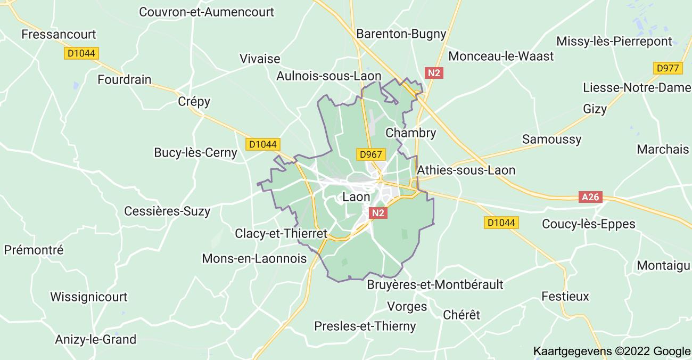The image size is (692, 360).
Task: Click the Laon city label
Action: tap(356, 197)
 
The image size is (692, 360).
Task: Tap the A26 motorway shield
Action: tap(590, 197)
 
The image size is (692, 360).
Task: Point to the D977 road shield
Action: tap(667, 68)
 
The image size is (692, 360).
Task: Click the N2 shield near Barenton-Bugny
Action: tap(434, 73)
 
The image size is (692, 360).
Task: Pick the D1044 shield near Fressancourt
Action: tap(81, 53)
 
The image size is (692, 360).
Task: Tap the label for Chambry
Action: tap(410, 133)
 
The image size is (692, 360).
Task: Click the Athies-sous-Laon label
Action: tap(466, 170)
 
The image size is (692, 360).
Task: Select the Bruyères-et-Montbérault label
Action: tap(435, 284)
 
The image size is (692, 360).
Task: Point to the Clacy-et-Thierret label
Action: tap(281, 233)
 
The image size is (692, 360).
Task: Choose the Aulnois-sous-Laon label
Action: tap(329, 76)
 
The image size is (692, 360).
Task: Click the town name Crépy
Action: tap(194, 101)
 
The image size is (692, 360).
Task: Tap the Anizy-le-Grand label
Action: tap(96, 339)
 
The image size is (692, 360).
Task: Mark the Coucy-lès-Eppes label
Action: tap(588, 224)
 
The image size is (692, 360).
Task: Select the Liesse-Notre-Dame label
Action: tap(637, 87)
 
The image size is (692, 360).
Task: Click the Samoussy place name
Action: tap(551, 139)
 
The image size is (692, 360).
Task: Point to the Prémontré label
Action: tap(34, 250)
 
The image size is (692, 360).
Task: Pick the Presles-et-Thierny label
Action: tap(365, 326)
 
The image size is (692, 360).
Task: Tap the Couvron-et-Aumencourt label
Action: tap(207, 12)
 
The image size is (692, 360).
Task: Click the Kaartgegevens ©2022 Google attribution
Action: tap(612, 351)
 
